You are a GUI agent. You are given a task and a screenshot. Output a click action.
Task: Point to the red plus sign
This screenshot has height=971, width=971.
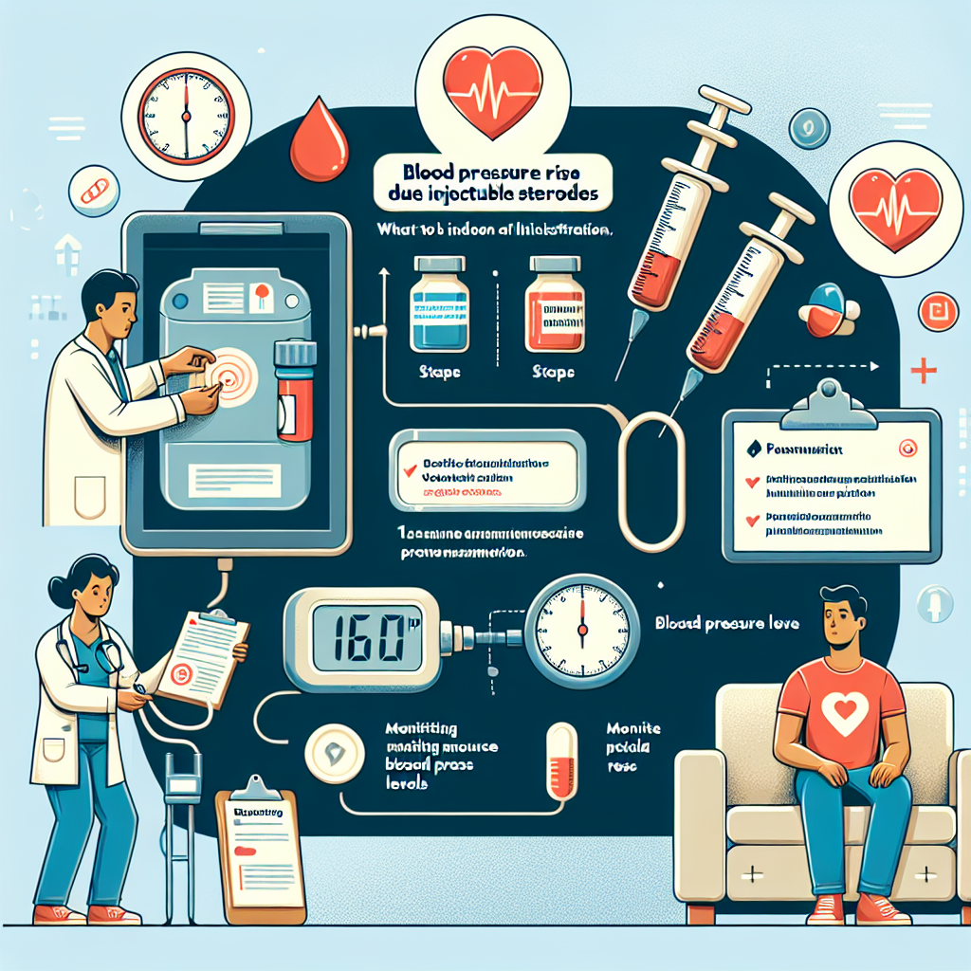tap(923, 371)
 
